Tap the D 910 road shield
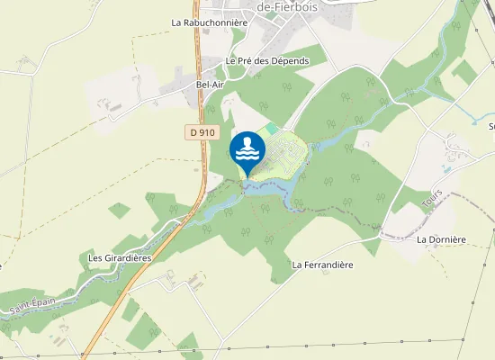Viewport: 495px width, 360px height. pos(203,132)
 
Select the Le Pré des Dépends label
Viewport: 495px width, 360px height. pos(267,60)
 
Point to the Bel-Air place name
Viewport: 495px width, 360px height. pos(209,83)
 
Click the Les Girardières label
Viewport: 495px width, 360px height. pos(120,257)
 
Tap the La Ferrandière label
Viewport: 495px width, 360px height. pos(322,265)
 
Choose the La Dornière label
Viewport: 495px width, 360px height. pos(440,240)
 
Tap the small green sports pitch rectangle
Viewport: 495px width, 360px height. pos(273,130)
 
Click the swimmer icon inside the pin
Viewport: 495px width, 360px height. pos(247,144)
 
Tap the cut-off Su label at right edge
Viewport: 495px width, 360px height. pos(491,126)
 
